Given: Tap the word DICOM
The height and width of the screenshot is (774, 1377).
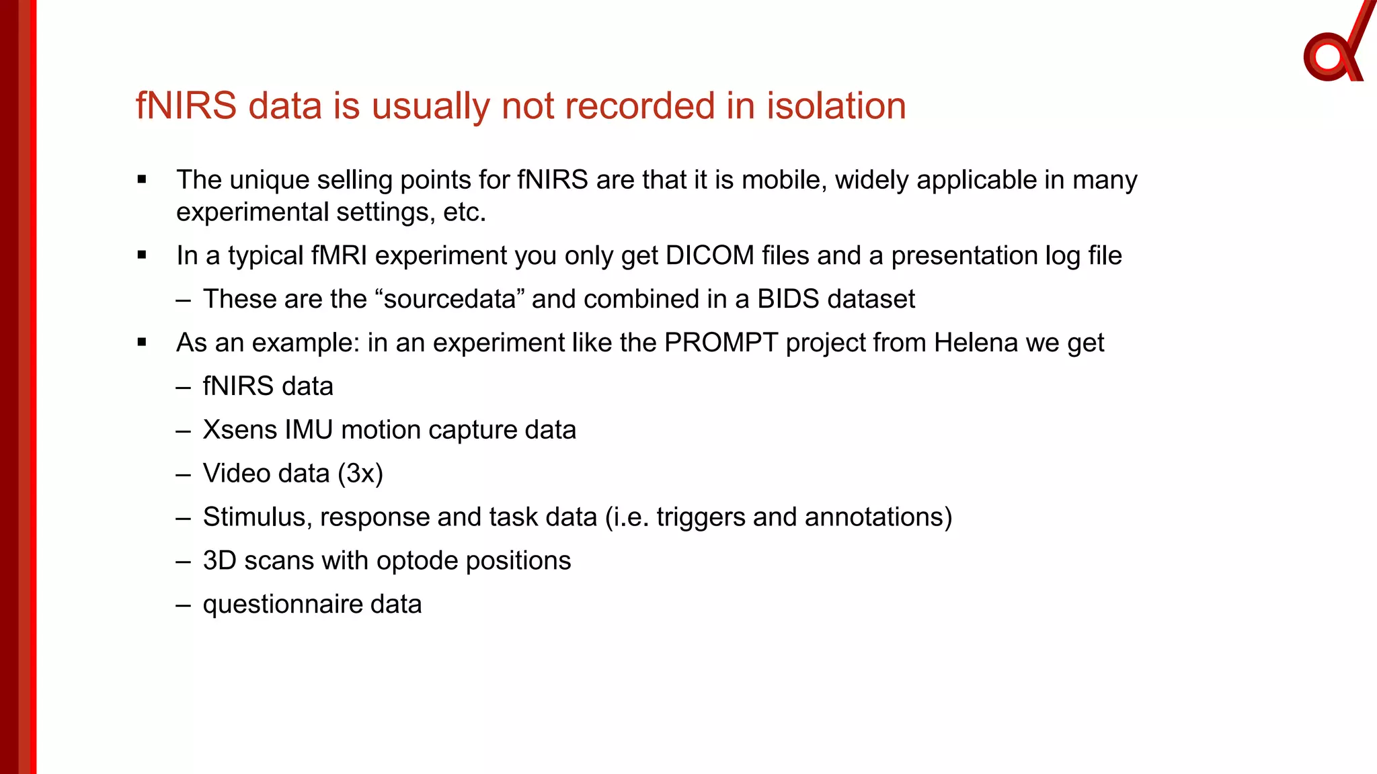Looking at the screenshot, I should pyautogui.click(x=709, y=256).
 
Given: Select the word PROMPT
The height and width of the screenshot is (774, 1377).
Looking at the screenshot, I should pyautogui.click(x=721, y=343).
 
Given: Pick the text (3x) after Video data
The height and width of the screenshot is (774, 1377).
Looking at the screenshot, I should pyautogui.click(x=360, y=474).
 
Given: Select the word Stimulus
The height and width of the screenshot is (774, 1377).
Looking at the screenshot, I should pyautogui.click(x=257, y=517).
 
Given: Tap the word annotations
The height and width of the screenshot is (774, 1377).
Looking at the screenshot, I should pyautogui.click(x=877, y=517).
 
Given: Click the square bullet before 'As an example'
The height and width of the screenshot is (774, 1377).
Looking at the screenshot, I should pyautogui.click(x=142, y=343).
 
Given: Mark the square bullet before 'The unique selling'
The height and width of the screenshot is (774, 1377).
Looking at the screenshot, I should pyautogui.click(x=142, y=179).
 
